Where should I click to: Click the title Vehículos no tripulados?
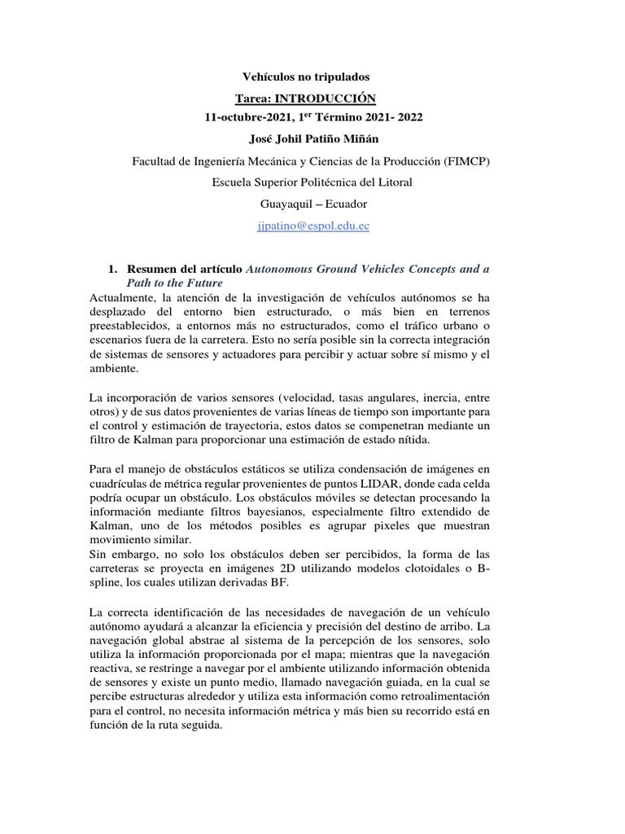[306, 77]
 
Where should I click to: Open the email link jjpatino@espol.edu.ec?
[312, 226]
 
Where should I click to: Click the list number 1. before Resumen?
[113, 269]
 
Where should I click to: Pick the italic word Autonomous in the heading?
[280, 269]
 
